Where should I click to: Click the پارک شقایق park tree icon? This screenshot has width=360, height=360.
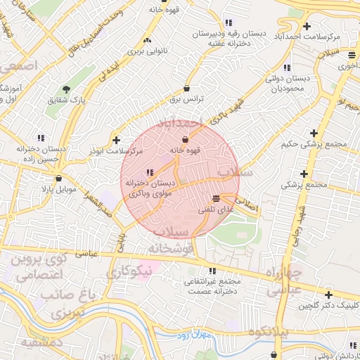(x=66, y=89)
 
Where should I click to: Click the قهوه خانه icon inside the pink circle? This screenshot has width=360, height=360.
(x=185, y=139)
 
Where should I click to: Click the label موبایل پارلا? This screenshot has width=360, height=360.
(x=58, y=190)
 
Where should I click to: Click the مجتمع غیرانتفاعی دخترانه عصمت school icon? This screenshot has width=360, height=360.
(x=212, y=271)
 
